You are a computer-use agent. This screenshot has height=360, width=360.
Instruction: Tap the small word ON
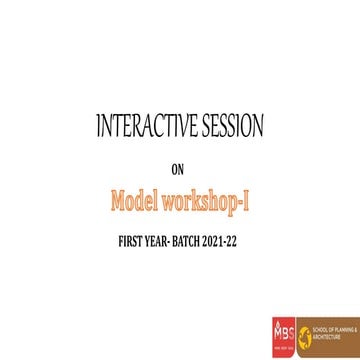coord(180,168)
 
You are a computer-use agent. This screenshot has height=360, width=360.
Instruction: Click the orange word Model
coord(138,203)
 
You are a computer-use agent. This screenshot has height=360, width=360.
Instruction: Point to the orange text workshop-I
coord(208,203)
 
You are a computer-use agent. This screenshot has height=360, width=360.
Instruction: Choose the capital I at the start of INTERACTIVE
coord(98,127)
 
